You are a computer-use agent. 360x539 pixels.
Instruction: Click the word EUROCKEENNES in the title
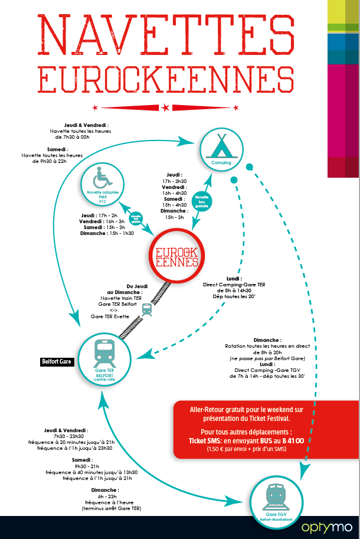165,79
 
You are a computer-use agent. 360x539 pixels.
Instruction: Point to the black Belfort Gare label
57,361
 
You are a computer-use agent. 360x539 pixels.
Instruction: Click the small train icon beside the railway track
147,308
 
